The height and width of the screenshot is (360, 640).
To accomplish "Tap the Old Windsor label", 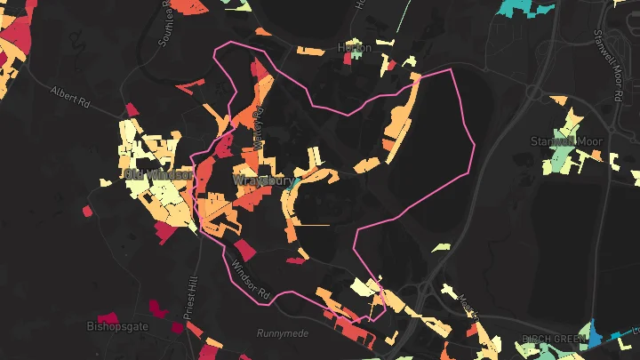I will (159, 174).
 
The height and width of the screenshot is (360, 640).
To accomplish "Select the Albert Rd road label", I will (72, 94).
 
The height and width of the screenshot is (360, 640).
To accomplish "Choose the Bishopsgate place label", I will (117, 327).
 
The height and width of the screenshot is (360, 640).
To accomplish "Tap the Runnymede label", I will (281, 333).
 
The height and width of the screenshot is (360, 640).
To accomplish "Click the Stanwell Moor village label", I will (566, 141).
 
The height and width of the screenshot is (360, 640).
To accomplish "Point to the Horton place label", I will (353, 47).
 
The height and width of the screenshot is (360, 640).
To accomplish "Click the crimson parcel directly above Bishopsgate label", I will (108, 316).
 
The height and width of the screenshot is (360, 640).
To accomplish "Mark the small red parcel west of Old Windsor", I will (87, 211).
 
